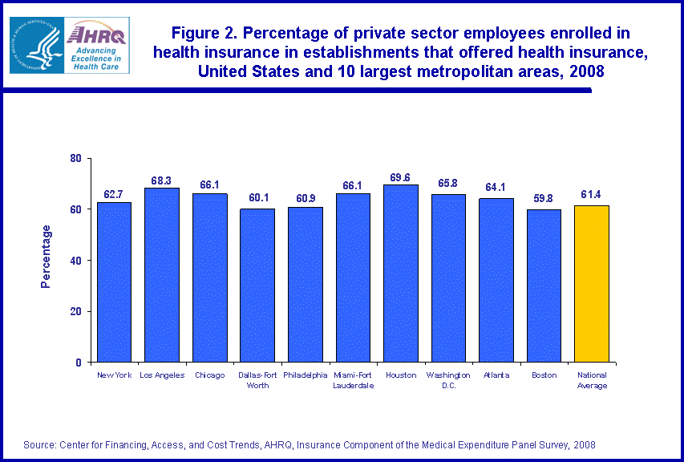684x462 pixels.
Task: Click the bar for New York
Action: [114, 281]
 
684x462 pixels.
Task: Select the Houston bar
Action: [400, 273]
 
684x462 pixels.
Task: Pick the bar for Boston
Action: [544, 285]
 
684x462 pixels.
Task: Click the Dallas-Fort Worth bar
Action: [257, 285]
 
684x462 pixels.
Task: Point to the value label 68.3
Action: [162, 181]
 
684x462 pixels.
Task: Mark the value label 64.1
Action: [496, 188]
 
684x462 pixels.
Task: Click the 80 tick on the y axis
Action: [76, 158]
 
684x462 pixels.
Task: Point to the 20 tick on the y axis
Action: [76, 311]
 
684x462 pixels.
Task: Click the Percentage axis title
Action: [47, 257]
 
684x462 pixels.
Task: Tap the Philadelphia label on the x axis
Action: [305, 375]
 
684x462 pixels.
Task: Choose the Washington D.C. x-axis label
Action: [448, 379]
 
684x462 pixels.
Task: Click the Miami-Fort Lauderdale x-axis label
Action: [353, 379]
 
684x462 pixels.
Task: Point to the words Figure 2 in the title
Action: [206, 33]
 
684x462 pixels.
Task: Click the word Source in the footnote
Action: [38, 444]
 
